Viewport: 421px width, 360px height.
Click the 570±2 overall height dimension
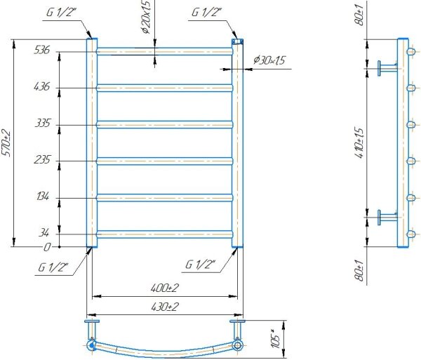click(x=6, y=143)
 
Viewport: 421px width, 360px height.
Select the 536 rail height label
click(x=42, y=50)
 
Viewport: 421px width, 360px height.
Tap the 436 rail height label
click(x=42, y=86)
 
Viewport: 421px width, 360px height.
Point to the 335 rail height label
click(x=43, y=124)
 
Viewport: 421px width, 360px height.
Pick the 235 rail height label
click(x=42, y=160)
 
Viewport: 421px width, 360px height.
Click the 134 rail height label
click(x=43, y=196)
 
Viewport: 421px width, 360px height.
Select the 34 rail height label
click(x=44, y=232)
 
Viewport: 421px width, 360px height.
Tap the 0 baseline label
click(x=47, y=247)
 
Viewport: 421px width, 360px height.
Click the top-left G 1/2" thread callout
click(x=62, y=13)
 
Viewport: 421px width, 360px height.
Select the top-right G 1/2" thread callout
click(x=206, y=13)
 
